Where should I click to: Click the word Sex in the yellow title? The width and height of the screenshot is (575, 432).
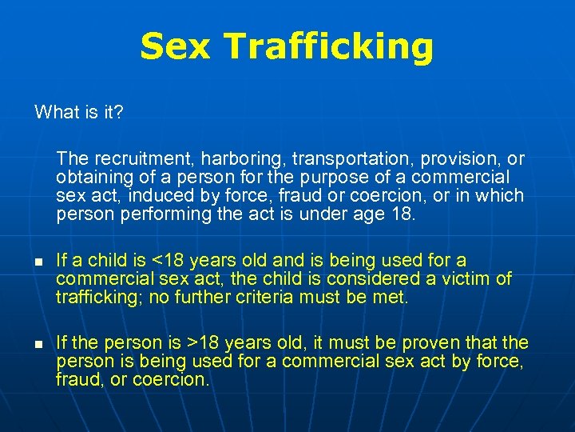coord(174,47)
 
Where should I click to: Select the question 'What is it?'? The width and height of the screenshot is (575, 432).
coord(78,112)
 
